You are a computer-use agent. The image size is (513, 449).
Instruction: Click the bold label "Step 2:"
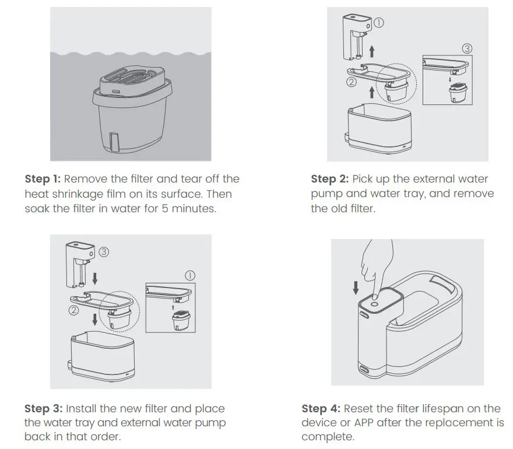329,179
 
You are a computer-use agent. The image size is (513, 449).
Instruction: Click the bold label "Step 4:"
321,409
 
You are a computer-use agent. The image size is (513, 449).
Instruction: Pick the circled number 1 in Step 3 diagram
189,275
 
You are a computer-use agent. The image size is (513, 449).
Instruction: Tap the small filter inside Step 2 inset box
455,93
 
